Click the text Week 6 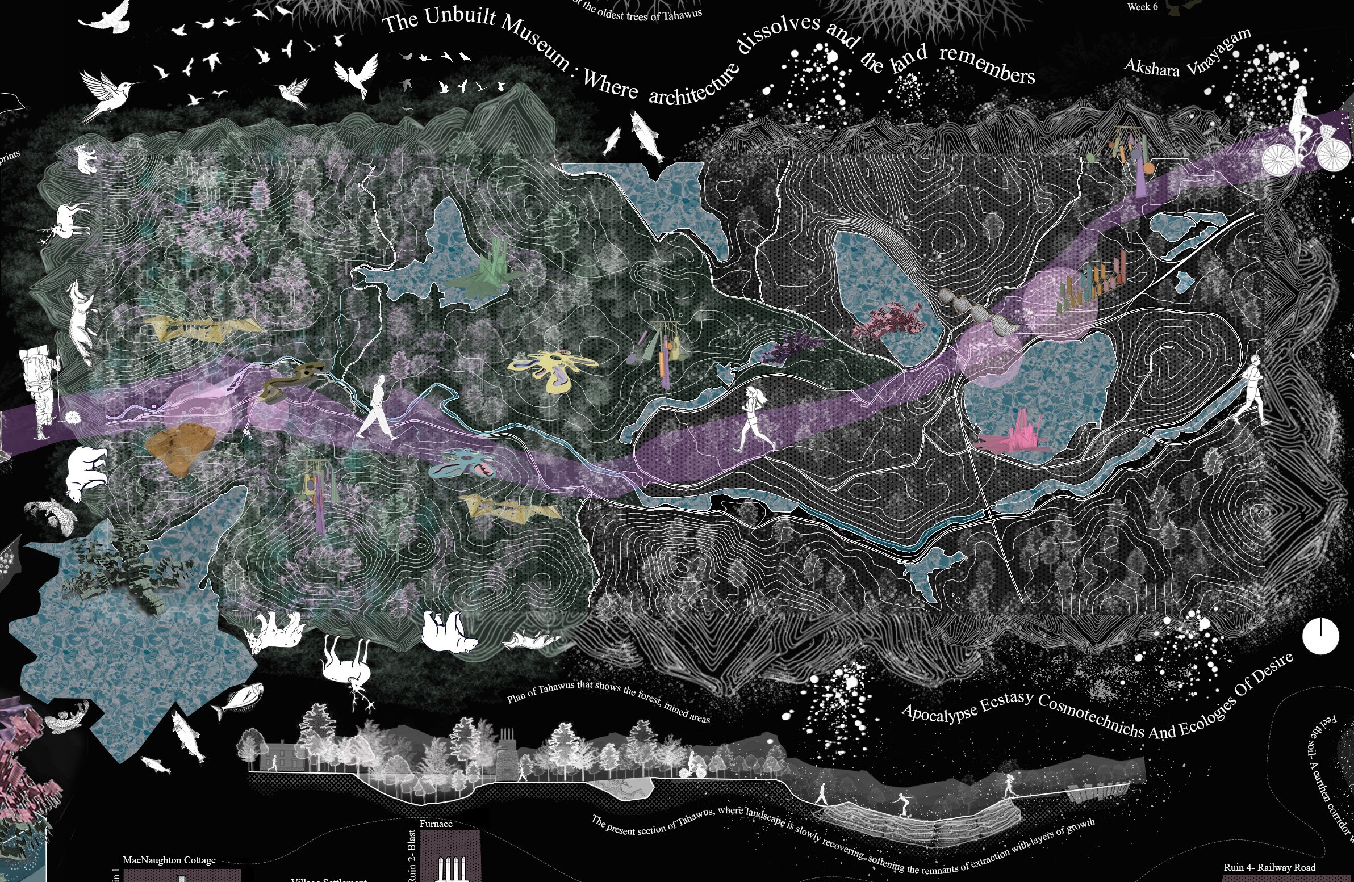[1142, 7]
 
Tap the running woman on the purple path [754, 418]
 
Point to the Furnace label [436, 824]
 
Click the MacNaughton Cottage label [169, 860]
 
